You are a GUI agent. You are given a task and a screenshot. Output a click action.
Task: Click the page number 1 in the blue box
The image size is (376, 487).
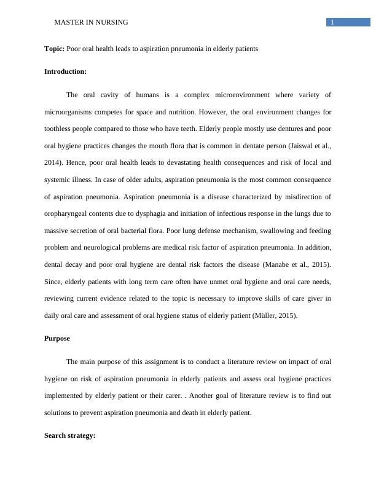[332, 23]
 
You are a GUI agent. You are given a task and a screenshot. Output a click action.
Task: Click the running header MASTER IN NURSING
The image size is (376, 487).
[91, 22]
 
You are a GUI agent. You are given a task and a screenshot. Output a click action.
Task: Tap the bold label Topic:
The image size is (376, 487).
[54, 49]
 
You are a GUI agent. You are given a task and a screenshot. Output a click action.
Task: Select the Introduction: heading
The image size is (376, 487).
[65, 71]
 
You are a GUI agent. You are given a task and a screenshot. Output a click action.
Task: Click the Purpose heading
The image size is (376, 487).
[57, 338]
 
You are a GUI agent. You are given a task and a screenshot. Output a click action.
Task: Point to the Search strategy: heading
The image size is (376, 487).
[69, 435]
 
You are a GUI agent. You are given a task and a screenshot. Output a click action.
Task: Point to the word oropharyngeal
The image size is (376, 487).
[68, 213]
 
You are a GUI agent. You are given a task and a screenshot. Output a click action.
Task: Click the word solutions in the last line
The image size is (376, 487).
[58, 413]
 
